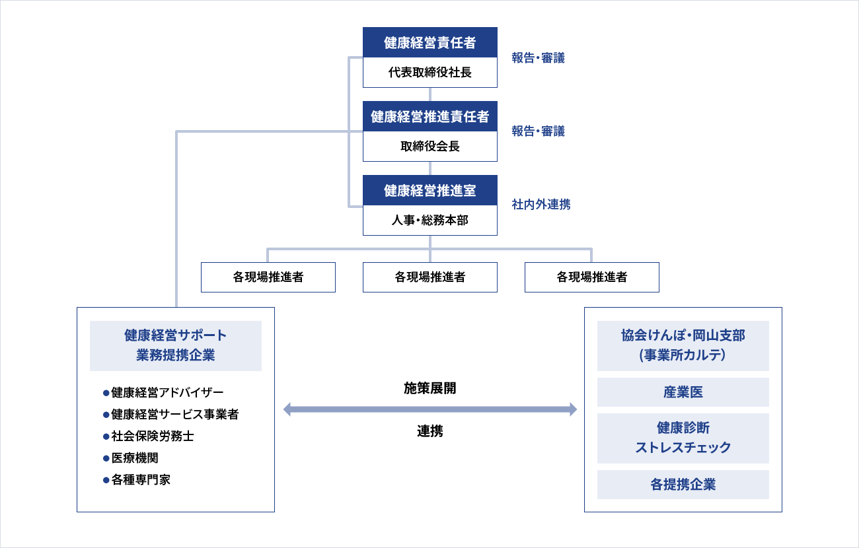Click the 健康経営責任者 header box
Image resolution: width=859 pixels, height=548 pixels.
click(429, 43)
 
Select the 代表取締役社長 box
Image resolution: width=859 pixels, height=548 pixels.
click(429, 73)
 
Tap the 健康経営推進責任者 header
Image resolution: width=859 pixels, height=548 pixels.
click(429, 117)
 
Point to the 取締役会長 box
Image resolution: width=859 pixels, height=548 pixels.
click(429, 147)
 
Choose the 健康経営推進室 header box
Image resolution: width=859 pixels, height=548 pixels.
click(429, 191)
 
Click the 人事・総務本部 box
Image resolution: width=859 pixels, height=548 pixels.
click(429, 221)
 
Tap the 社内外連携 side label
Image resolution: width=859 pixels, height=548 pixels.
click(541, 205)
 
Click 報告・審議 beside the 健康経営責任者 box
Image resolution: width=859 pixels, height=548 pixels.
click(538, 58)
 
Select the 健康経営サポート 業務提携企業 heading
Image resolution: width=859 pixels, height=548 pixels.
click(175, 345)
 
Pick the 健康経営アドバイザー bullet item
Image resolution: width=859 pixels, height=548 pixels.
click(167, 393)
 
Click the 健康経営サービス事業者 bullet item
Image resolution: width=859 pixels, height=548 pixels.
click(174, 415)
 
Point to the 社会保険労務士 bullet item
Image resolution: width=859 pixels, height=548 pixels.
click(152, 436)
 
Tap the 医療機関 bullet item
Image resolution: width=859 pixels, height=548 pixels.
click(135, 458)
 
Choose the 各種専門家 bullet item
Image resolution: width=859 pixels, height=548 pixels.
click(141, 480)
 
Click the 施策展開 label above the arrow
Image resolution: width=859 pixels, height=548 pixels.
click(429, 389)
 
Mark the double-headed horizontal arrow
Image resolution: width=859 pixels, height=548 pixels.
click(429, 410)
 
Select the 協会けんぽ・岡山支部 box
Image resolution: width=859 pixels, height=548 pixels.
click(683, 345)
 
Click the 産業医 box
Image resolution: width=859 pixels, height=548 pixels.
click(683, 392)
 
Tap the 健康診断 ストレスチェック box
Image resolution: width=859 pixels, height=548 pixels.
click(683, 438)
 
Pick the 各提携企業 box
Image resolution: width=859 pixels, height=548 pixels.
click(683, 485)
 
